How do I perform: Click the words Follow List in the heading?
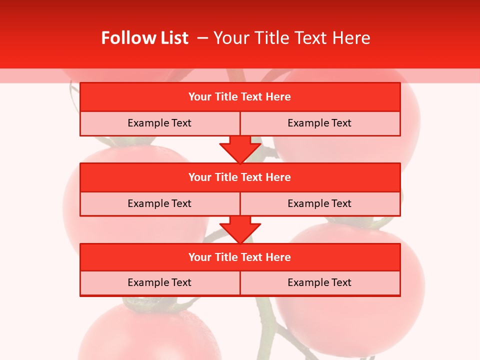pyautogui.click(x=144, y=38)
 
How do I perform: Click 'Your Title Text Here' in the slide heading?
pyautogui.click(x=291, y=38)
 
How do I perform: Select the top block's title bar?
pyautogui.click(x=240, y=97)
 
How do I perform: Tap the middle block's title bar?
pyautogui.click(x=240, y=177)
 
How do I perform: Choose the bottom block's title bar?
pyautogui.click(x=240, y=257)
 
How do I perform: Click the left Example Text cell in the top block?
pyautogui.click(x=159, y=123)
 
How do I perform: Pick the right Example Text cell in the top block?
pyautogui.click(x=319, y=123)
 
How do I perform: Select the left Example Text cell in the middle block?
pyautogui.click(x=159, y=203)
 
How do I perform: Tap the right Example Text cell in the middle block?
pyautogui.click(x=319, y=203)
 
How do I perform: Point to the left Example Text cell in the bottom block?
pyautogui.click(x=159, y=282)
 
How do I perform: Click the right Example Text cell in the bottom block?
pyautogui.click(x=319, y=282)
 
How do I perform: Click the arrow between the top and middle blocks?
pyautogui.click(x=240, y=149)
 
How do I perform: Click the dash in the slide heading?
pyautogui.click(x=203, y=38)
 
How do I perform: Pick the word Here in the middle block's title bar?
pyautogui.click(x=278, y=177)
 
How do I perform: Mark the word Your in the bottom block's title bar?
pyautogui.click(x=200, y=257)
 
